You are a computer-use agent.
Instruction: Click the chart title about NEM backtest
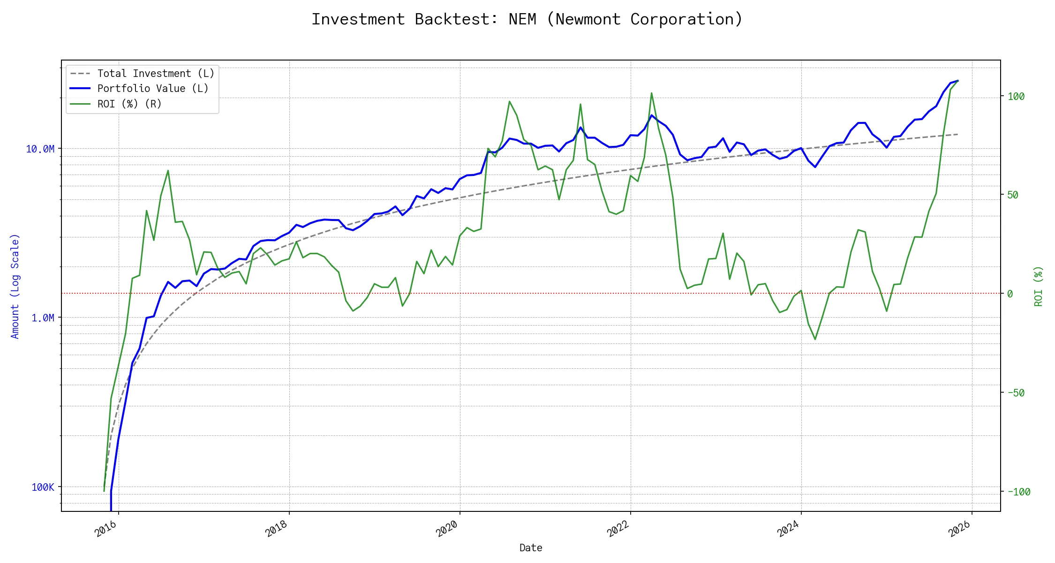pyautogui.click(x=527, y=19)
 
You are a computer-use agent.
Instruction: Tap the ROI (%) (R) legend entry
pyautogui.click(x=129, y=104)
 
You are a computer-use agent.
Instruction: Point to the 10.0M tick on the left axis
pyautogui.click(x=40, y=149)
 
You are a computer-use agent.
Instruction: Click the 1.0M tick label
pyautogui.click(x=43, y=318)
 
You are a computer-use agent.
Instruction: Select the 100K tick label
pyautogui.click(x=43, y=487)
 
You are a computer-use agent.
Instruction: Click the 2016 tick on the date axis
pyautogui.click(x=106, y=529)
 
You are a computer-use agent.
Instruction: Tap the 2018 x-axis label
pyautogui.click(x=277, y=529)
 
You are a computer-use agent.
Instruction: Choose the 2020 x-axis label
pyautogui.click(x=447, y=529)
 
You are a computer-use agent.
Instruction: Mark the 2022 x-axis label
pyautogui.click(x=618, y=529)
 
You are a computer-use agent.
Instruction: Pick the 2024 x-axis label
pyautogui.click(x=789, y=529)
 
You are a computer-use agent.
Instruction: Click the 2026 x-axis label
pyautogui.click(x=959, y=529)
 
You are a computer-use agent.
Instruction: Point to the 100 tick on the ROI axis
pyautogui.click(x=1016, y=97)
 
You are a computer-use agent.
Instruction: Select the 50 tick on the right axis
pyautogui.click(x=1013, y=195)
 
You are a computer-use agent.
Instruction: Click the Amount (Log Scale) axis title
pyautogui.click(x=15, y=286)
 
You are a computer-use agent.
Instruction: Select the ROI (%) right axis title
pyautogui.click(x=1039, y=286)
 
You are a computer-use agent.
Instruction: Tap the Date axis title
pyautogui.click(x=531, y=548)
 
